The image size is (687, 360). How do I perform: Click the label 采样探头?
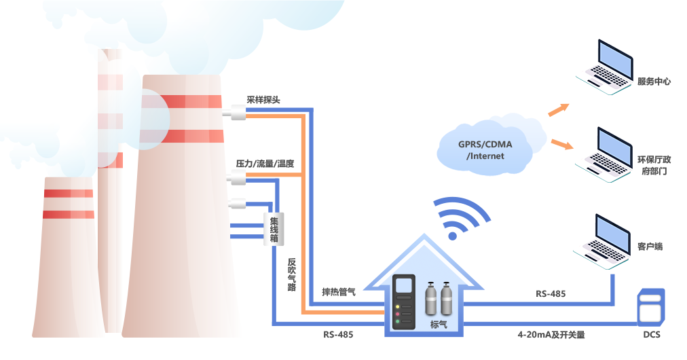[x=263, y=99]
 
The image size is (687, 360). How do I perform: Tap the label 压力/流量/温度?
[x=264, y=164]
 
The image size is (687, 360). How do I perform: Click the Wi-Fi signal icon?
[x=462, y=219]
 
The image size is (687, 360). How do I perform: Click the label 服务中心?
[x=654, y=82]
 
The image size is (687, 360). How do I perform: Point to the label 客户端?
[x=650, y=246]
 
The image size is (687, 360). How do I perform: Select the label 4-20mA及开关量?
[x=551, y=334]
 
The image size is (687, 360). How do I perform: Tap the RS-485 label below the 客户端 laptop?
[x=551, y=293]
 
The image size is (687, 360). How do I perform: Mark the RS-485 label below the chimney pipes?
[x=338, y=334]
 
